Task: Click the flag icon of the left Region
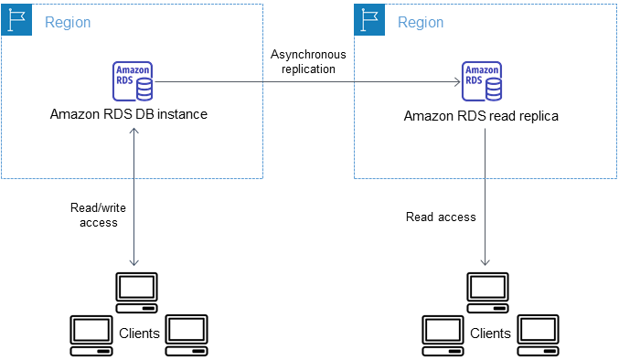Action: [x=16, y=20]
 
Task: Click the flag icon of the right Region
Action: [x=369, y=20]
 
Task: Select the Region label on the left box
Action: [x=68, y=21]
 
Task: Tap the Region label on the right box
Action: [x=421, y=21]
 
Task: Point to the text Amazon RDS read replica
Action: [x=482, y=116]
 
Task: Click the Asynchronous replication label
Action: [x=309, y=61]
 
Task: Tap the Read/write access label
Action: [x=98, y=215]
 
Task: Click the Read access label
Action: [x=441, y=217]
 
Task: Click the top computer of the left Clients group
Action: [x=136, y=290]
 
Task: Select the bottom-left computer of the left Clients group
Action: [x=91, y=333]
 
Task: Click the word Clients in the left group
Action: [x=139, y=334]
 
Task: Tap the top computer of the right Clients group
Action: [x=487, y=290]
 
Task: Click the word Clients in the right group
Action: [x=490, y=334]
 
